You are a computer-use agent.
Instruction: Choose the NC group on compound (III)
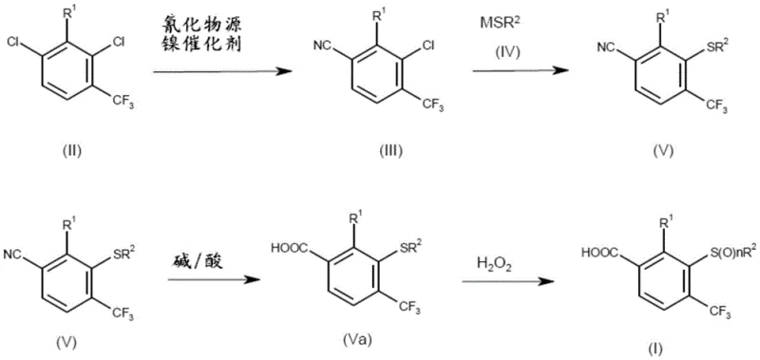(323, 46)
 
